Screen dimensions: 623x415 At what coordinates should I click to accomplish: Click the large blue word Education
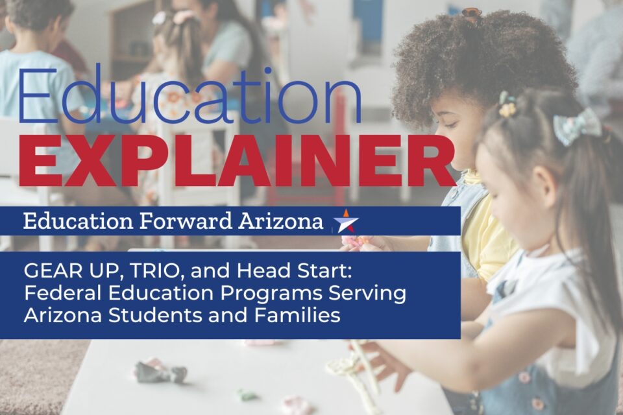pos(189,96)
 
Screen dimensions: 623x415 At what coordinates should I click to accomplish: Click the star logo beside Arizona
pos(346,221)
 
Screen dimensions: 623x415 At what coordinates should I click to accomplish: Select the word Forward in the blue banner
pos(185,221)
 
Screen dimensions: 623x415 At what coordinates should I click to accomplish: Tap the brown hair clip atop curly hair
pos(472,13)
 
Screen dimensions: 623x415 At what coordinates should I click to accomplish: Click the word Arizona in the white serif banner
pos(281,221)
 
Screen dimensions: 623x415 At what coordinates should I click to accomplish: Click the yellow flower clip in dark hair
pos(507,104)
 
